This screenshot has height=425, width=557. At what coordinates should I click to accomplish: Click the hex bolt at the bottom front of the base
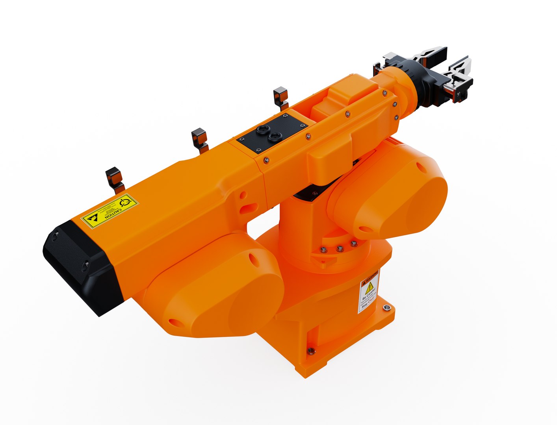coord(311,350)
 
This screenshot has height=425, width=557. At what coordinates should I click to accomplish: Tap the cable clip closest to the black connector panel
coord(280,98)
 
